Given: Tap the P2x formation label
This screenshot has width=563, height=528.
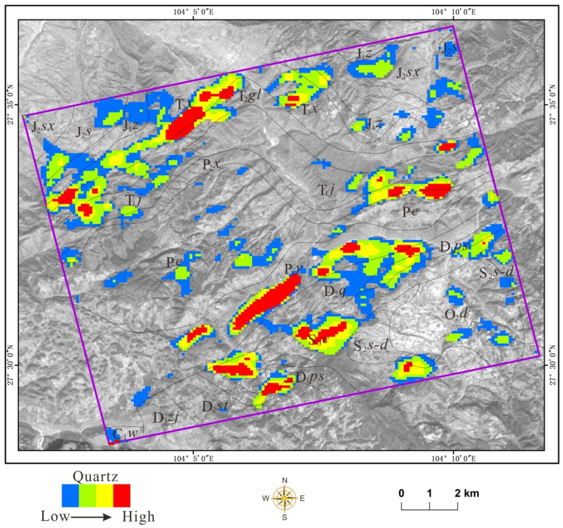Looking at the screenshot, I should (211, 164).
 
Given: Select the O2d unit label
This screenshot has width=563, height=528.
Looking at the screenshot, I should (456, 314).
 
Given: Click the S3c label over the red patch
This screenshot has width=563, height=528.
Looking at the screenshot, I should (318, 339).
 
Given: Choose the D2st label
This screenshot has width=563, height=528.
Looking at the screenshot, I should (215, 407).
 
